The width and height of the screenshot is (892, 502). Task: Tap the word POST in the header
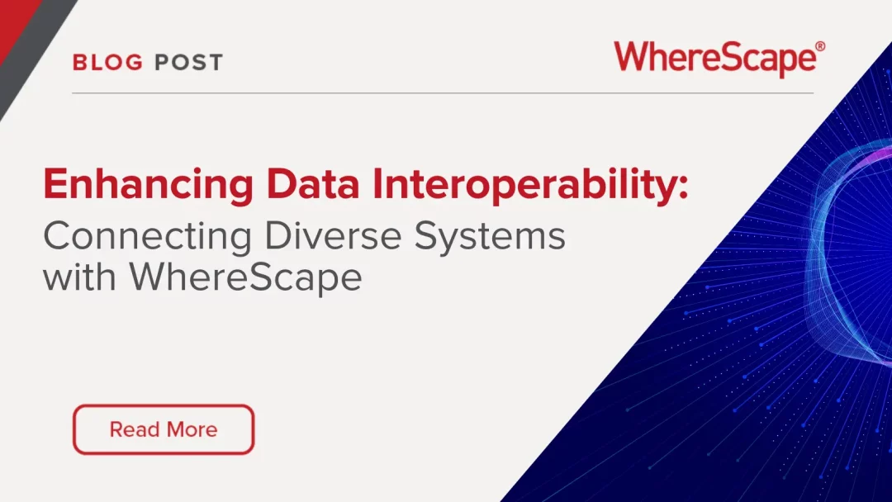coord(188,63)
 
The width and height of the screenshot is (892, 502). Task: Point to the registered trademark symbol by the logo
coord(819,48)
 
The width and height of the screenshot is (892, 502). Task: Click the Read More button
coord(164,429)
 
